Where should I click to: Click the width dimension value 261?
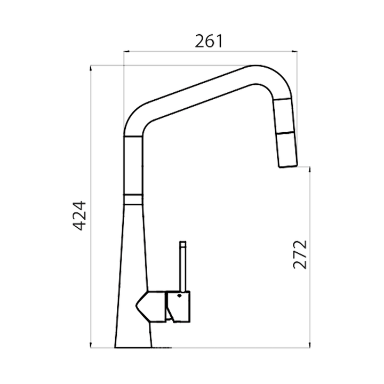coord(208,41)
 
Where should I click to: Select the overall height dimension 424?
coord(79,215)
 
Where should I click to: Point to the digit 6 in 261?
coord(208,41)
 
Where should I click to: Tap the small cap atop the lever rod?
coord(182,243)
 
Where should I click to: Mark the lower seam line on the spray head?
coord(286,132)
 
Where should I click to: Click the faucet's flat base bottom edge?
coord(134,347)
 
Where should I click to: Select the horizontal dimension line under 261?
coord(210,52)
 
